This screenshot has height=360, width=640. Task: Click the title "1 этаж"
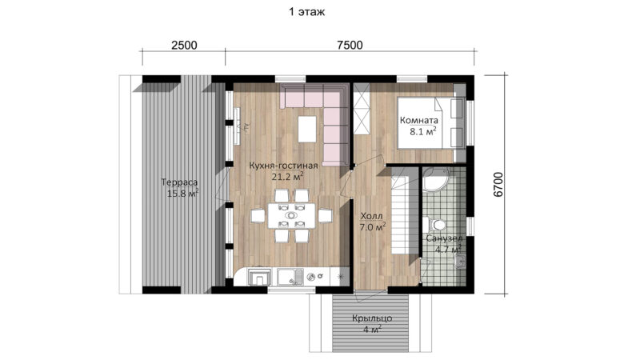tap(307, 12)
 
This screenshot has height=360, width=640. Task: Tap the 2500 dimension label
tap(184, 45)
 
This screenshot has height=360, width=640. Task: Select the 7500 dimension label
tap(350, 45)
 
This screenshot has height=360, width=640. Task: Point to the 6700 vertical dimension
tap(498, 185)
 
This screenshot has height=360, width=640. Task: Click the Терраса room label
tap(179, 182)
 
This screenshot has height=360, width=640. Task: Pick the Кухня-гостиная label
tap(283, 166)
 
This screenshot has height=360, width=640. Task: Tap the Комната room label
tap(418, 121)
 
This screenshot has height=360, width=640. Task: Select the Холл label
tap(371, 216)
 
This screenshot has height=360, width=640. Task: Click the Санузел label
tap(444, 238)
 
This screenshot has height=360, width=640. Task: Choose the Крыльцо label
tap(372, 318)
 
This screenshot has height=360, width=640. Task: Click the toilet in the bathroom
tap(434, 225)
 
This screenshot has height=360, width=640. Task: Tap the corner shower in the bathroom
tap(436, 180)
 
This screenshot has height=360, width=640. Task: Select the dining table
tap(291, 215)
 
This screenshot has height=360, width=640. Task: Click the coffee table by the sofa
tap(307, 129)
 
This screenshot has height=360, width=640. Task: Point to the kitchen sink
tap(290, 277)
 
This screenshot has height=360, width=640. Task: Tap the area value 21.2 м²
tap(288, 176)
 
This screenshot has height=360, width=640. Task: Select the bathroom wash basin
tap(461, 262)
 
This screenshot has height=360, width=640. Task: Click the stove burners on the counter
tap(314, 277)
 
